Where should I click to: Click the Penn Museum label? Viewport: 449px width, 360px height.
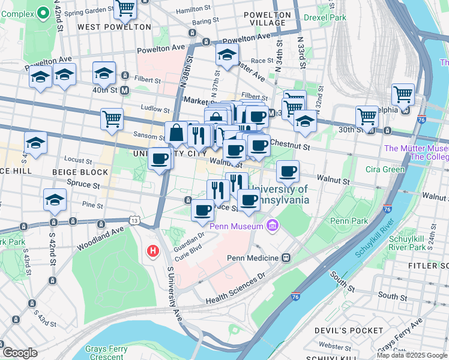pos(236,226)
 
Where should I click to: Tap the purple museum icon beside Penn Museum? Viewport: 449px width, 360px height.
pos(272,226)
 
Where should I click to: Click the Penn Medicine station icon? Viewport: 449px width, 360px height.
pos(286,258)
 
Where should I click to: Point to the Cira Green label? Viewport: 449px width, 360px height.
pos(385,170)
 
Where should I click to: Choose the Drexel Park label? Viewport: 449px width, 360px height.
pos(324,18)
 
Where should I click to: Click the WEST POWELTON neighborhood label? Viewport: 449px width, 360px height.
pos(114,27)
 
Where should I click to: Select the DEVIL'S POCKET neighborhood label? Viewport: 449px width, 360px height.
pos(349,331)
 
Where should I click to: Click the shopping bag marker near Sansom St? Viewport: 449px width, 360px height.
pos(176,133)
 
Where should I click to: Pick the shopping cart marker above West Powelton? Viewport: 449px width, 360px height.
pos(125,8)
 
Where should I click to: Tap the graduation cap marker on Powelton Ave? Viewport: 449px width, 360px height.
pos(227,55)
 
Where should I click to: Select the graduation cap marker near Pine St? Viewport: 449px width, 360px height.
pos(55,200)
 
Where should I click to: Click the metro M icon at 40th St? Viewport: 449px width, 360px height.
pos(125,91)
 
